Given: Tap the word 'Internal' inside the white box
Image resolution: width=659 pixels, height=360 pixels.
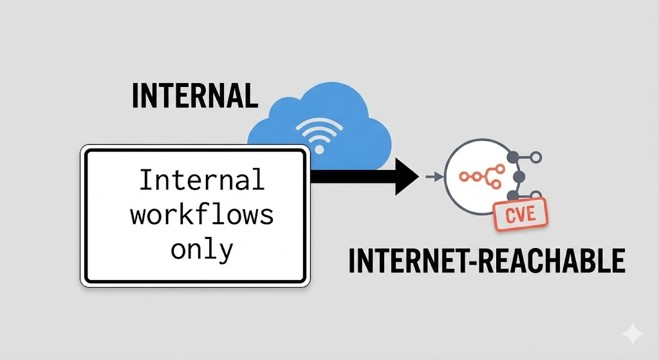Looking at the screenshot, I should [x=201, y=180].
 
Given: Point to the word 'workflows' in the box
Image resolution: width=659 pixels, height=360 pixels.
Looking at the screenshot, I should [x=201, y=214].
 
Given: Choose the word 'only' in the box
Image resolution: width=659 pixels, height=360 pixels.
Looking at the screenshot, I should [x=201, y=250].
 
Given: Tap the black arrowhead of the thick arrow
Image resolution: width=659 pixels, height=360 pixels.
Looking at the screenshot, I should [x=407, y=175].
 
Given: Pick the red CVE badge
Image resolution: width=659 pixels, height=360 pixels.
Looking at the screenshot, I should [x=519, y=214].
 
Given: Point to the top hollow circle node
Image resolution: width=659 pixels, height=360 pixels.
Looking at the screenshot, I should [x=534, y=156].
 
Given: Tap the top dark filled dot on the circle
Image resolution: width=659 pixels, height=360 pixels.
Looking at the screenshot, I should [x=514, y=156].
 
